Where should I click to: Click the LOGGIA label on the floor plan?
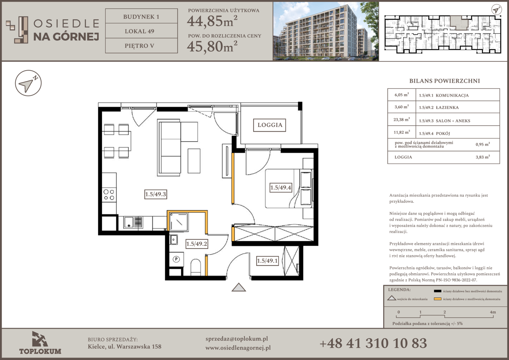pyautogui.click(x=269, y=125)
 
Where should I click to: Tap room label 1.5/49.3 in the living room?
pyautogui.click(x=156, y=194)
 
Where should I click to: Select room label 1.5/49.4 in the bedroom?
pyautogui.click(x=280, y=187)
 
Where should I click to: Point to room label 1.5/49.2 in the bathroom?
pyautogui.click(x=197, y=244)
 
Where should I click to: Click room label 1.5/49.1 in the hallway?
pyautogui.click(x=267, y=261)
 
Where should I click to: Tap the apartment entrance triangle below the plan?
pyautogui.click(x=239, y=287)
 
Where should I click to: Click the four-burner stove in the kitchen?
pyautogui.click(x=109, y=195)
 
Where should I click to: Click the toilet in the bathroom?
pyautogui.click(x=196, y=267)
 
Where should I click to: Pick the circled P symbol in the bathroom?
pyautogui.click(x=176, y=259)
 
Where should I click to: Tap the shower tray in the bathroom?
pyautogui.click(x=179, y=222)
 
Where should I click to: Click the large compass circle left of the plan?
pyautogui.click(x=28, y=83)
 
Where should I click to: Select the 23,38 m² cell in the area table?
pyautogui.click(x=401, y=120)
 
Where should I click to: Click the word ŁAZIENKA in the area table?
pyautogui.click(x=447, y=108)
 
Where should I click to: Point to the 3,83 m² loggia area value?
pyautogui.click(x=483, y=157)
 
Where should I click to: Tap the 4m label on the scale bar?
pyautogui.click(x=493, y=312)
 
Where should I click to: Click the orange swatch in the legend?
pyautogui.click(x=437, y=299)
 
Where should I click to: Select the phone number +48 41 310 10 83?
pyautogui.click(x=373, y=343)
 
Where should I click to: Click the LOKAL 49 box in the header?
pyautogui.click(x=141, y=31)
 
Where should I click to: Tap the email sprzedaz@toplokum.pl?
pyautogui.click(x=237, y=339)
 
